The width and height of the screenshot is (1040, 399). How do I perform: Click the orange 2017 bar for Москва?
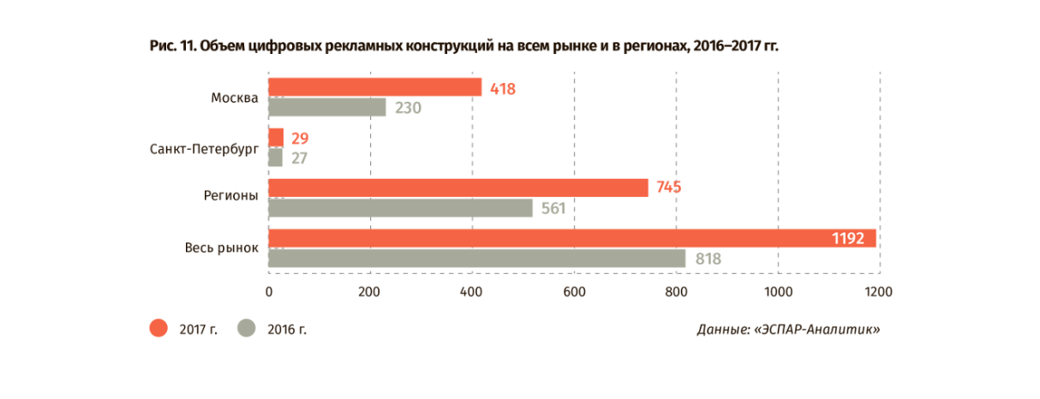374,87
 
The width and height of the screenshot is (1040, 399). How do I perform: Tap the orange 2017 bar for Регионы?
457,188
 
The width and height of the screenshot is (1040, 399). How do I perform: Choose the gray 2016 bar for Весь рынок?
476,259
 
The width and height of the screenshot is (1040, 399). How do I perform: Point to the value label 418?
502,88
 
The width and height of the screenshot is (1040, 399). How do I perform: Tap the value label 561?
553,209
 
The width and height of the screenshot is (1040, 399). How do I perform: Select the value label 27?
299,158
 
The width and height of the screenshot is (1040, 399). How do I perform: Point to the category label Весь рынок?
221,248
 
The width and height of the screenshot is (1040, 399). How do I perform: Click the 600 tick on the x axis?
574,292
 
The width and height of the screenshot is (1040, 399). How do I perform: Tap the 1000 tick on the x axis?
778,292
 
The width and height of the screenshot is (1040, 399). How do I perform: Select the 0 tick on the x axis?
269,292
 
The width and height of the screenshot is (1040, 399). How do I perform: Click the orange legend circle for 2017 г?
158,328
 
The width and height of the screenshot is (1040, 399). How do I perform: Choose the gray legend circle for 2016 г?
248,328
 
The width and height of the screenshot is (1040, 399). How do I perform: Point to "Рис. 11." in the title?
171,45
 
